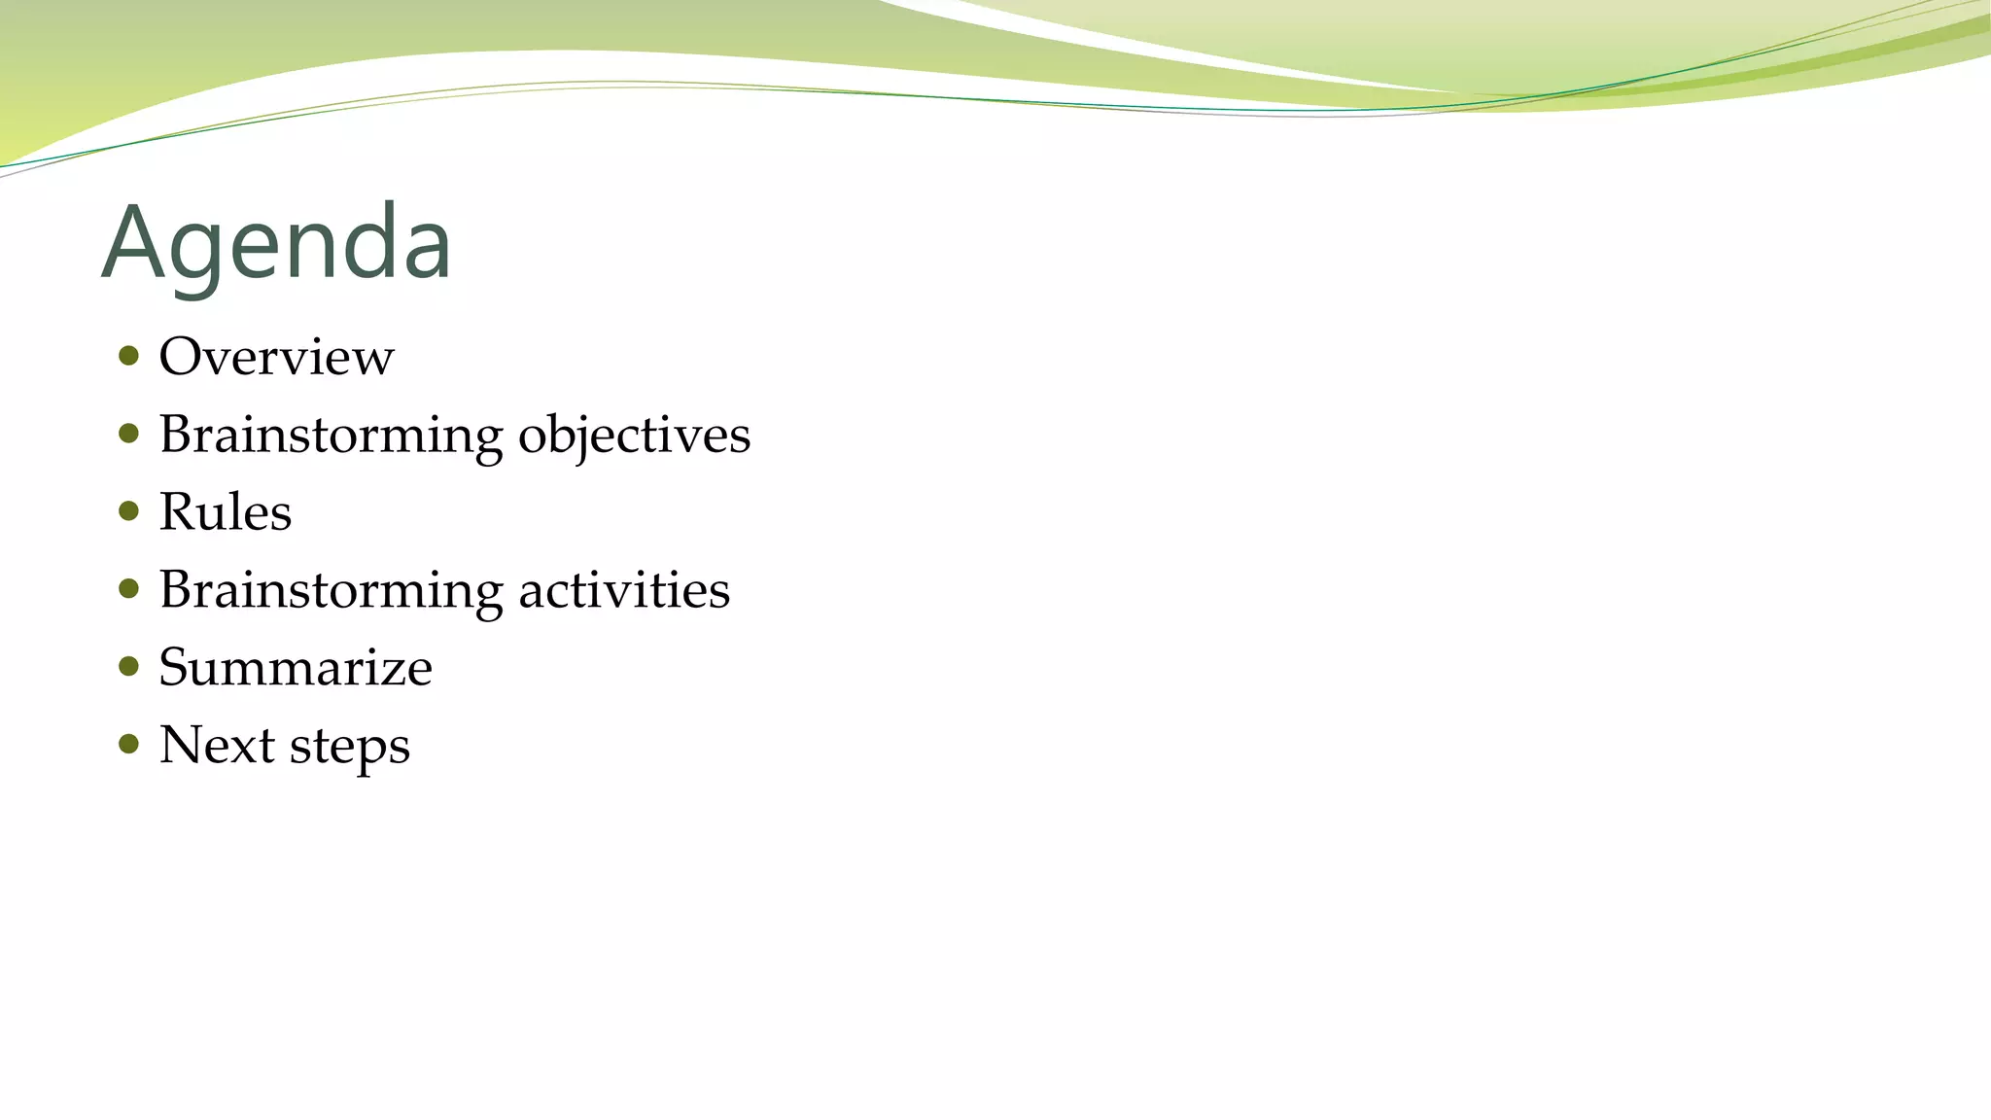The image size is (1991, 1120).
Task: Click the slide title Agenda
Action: pos(276,243)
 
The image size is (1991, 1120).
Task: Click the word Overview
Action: pos(276,357)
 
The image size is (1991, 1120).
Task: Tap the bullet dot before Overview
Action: pos(128,355)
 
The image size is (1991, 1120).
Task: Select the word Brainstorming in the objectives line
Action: pos(331,435)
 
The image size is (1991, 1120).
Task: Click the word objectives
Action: pos(634,435)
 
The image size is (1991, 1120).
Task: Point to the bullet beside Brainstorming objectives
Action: pos(128,433)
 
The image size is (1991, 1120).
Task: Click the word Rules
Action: pos(225,512)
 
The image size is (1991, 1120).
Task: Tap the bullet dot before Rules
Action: pos(128,510)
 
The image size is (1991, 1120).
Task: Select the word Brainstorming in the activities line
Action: pos(331,590)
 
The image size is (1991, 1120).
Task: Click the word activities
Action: pos(623,590)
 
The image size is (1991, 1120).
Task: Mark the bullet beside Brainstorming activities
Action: pos(128,588)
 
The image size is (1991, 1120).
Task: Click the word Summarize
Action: pos(295,668)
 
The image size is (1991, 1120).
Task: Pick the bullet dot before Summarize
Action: pos(128,666)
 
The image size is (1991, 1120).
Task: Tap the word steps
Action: pos(349,748)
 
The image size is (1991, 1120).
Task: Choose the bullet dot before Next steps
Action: pos(128,744)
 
